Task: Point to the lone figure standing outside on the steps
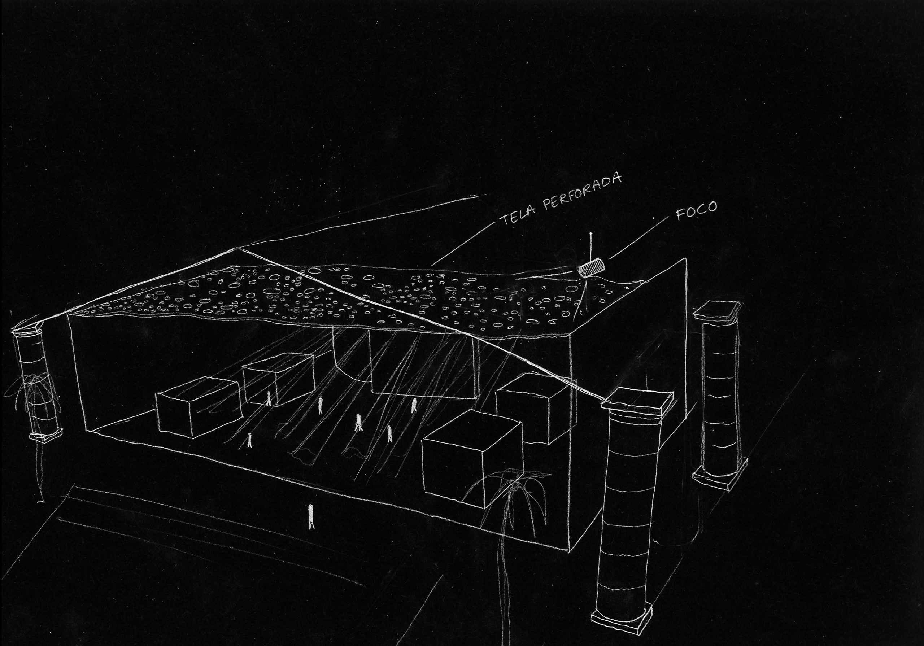coord(311,517)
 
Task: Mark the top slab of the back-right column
coord(717,311)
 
